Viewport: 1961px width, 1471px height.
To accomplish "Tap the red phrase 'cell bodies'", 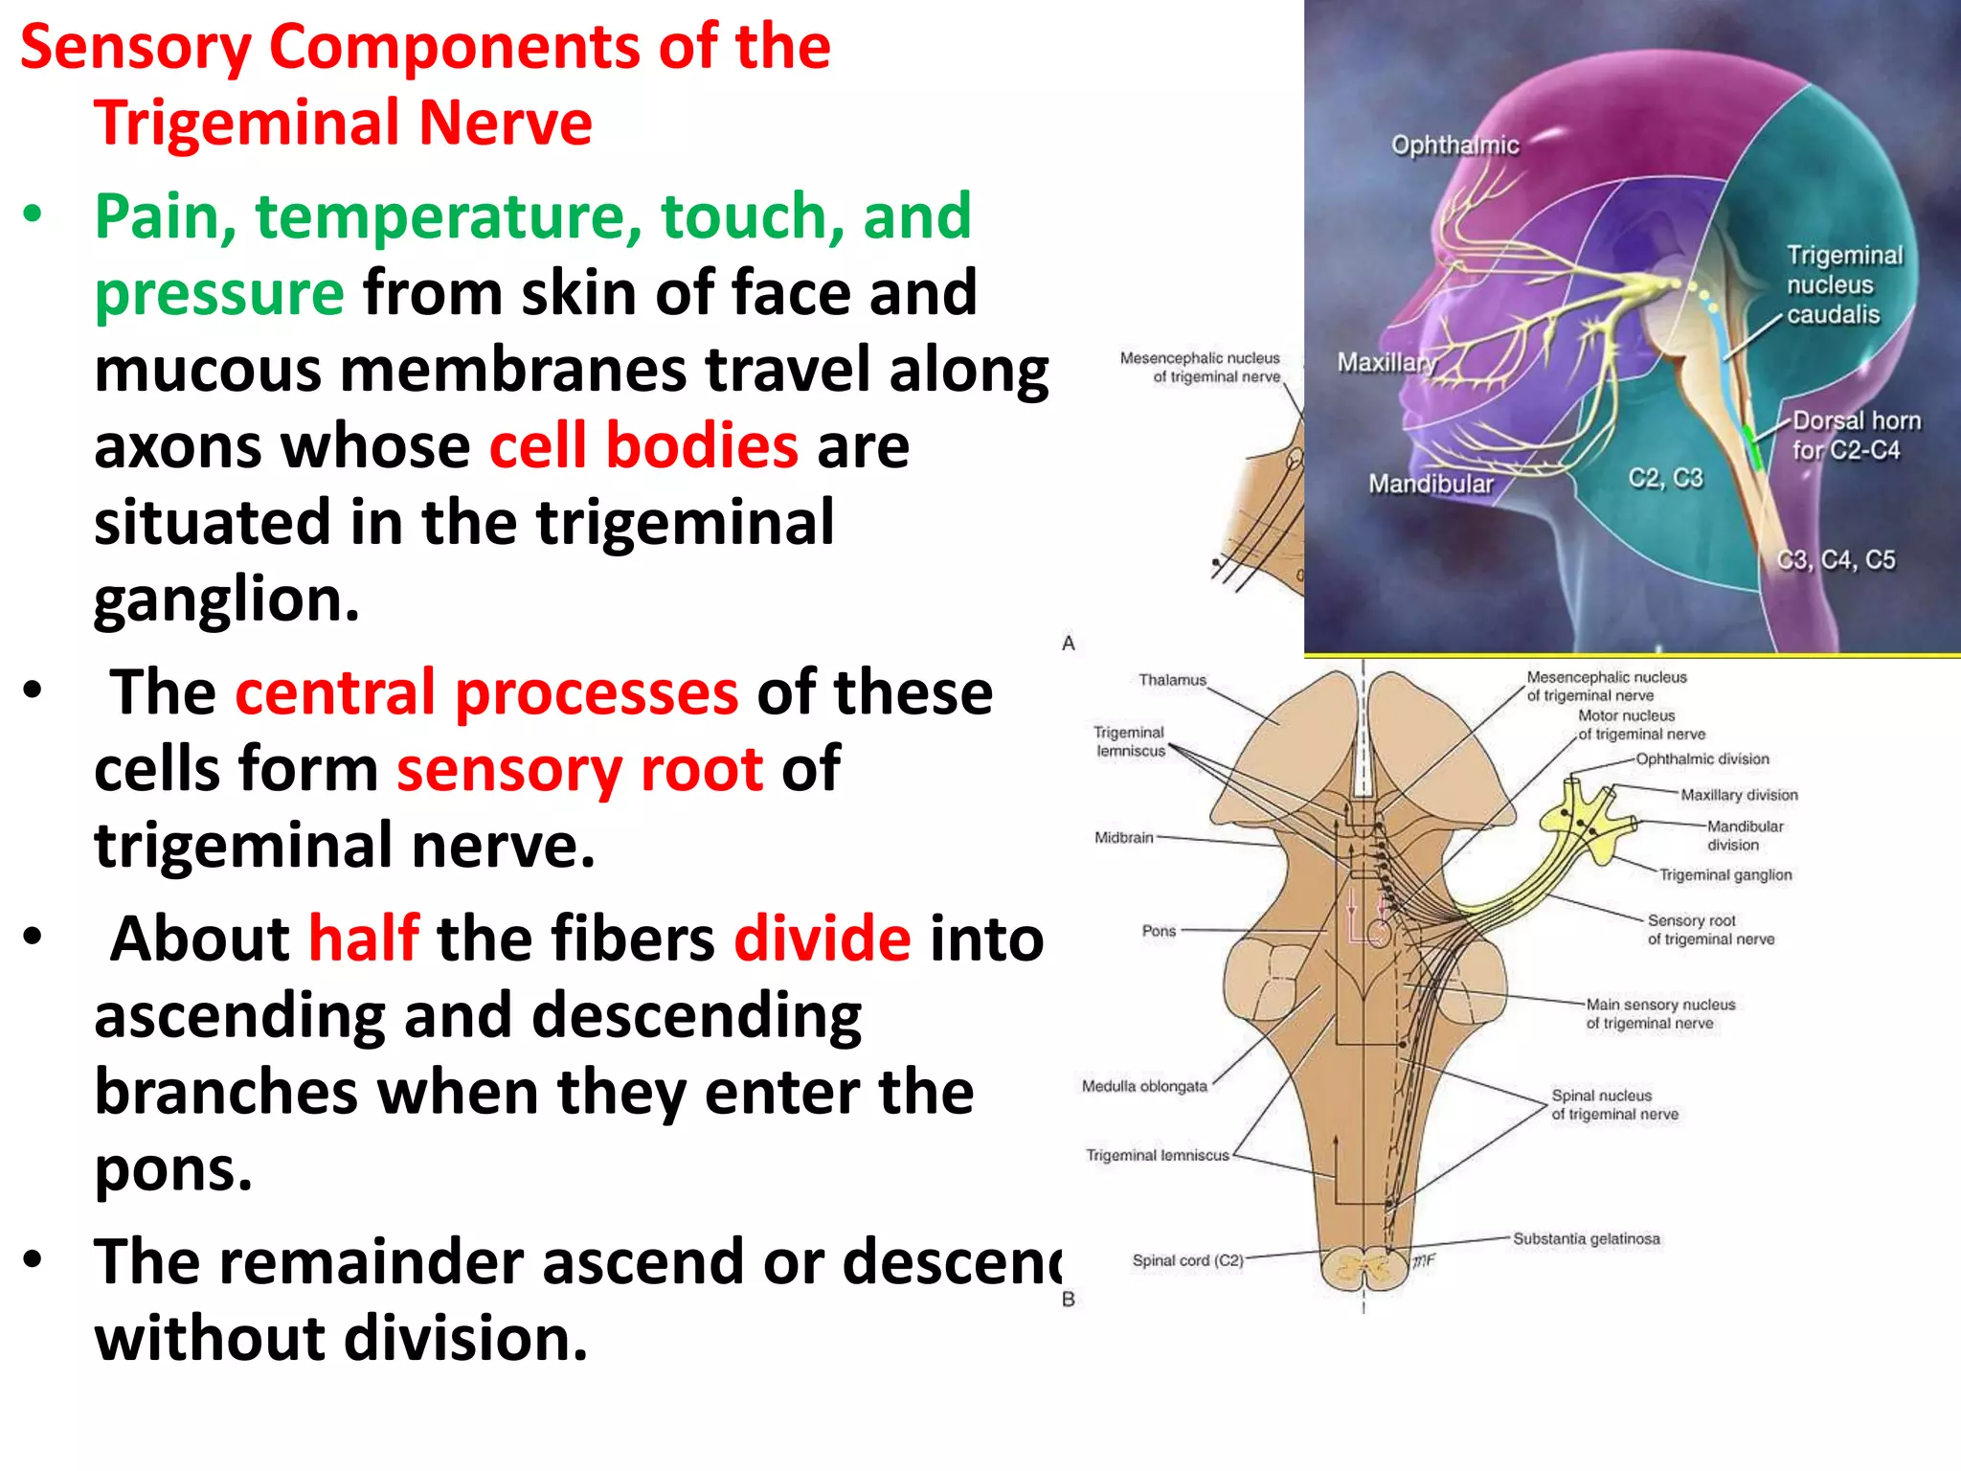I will [643, 446].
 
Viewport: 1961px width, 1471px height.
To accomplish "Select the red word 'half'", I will [363, 939].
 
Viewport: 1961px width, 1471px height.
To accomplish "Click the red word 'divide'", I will [822, 939].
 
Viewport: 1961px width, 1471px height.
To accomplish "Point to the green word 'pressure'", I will [219, 294].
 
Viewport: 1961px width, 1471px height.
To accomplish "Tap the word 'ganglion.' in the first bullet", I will [227, 600].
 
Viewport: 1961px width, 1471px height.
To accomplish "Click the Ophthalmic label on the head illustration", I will [1454, 146].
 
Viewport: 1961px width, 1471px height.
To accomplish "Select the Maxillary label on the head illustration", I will [1386, 363].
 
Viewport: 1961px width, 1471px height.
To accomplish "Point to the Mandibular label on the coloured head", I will [1431, 485].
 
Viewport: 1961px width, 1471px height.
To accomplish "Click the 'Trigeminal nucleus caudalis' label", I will [1843, 285].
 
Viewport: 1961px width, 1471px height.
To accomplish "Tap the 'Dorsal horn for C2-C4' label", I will [1855, 436].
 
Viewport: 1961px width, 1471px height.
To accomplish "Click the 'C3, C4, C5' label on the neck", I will [1836, 560].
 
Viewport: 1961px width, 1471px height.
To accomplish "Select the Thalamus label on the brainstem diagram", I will [1172, 681].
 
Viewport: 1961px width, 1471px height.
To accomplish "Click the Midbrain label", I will [1124, 838].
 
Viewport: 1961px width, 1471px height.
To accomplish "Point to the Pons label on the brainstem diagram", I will [1159, 931].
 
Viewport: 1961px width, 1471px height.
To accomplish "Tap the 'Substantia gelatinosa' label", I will [1586, 1239].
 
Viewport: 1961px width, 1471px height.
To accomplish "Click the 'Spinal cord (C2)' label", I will [1187, 1261].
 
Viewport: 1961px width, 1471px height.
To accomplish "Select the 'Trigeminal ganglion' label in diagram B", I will [1724, 875].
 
